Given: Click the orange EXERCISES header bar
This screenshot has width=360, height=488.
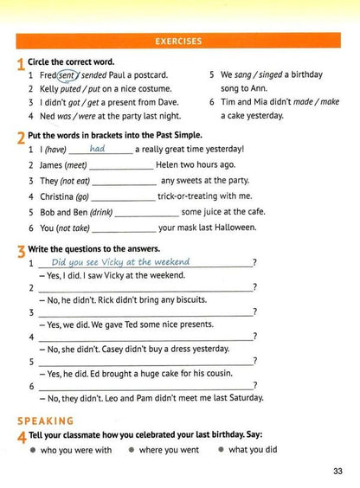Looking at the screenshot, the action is point(179,41).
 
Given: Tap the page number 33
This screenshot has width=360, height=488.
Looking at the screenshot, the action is point(337,471).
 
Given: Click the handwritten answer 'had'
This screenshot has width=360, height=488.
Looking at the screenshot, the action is point(98,149).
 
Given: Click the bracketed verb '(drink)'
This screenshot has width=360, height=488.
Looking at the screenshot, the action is point(101,212).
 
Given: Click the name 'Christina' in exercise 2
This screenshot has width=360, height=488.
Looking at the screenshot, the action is point(59,196).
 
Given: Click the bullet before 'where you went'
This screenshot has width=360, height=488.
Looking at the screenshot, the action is point(132,451).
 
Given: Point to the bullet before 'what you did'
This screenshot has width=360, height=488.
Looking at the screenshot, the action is point(221,451).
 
